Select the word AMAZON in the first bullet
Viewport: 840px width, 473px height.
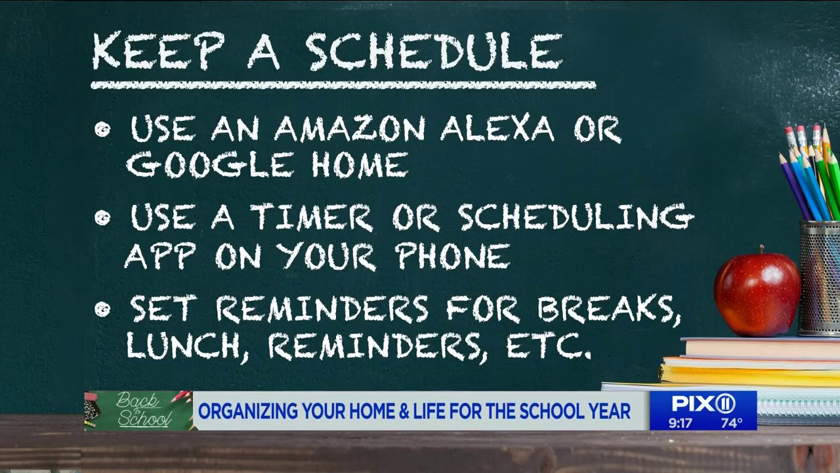tap(350, 129)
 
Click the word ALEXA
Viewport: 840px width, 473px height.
tap(497, 129)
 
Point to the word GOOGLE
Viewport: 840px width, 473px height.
tap(209, 165)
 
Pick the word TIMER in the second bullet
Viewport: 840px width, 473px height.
tap(312, 217)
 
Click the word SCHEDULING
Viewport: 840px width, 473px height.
tap(576, 217)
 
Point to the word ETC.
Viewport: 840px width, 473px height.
tap(549, 346)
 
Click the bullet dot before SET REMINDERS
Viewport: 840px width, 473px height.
tap(102, 309)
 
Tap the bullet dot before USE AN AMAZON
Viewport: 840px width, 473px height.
tap(102, 129)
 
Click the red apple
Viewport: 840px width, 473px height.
tap(757, 294)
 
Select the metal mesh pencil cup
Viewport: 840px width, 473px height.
tap(820, 278)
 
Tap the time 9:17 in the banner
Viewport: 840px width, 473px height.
tap(681, 423)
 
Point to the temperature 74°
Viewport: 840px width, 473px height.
tap(731, 423)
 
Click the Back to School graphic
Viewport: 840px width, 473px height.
tap(138, 411)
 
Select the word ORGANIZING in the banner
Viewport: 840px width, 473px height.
tap(245, 412)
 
